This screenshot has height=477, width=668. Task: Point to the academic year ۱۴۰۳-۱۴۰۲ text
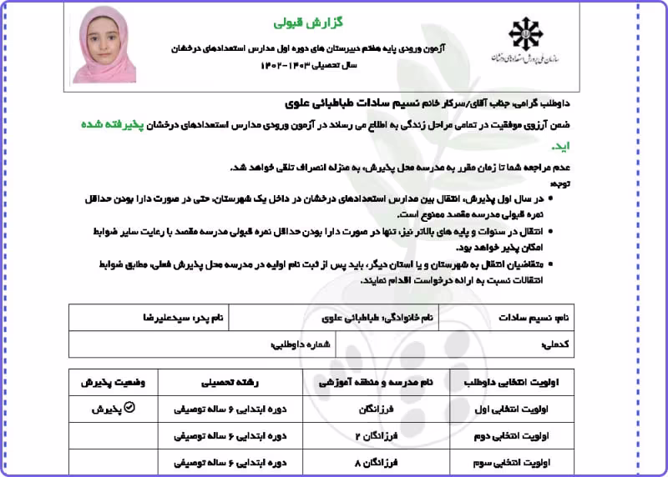(x=296, y=64)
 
